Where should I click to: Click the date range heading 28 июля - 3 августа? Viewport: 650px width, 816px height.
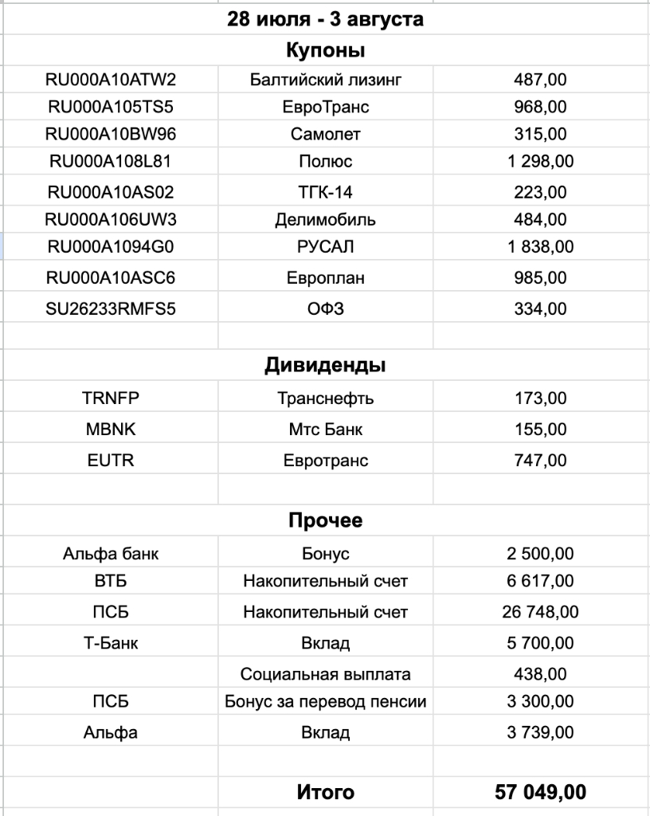(x=325, y=20)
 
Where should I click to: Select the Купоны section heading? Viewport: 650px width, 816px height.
(x=325, y=51)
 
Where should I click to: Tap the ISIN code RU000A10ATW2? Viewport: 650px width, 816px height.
(x=112, y=80)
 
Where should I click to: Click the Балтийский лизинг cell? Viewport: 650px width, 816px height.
(x=325, y=80)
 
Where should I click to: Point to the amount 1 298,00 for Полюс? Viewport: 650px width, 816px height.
(x=540, y=162)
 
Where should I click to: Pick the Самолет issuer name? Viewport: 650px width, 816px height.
(x=325, y=134)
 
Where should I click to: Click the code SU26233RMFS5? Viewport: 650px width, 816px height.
(x=112, y=308)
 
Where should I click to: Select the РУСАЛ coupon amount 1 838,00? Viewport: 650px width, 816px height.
(x=540, y=247)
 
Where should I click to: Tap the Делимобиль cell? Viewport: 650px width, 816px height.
(x=325, y=219)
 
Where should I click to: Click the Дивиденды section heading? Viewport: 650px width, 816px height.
(x=325, y=366)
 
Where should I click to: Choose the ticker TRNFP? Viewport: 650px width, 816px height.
(x=111, y=398)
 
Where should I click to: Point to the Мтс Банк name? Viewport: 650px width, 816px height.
(x=325, y=430)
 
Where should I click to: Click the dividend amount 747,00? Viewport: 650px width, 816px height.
(x=540, y=460)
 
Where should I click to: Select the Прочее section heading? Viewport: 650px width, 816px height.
(x=325, y=520)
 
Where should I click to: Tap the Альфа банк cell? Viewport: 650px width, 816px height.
(x=111, y=554)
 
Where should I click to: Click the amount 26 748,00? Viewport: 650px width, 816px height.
(x=540, y=612)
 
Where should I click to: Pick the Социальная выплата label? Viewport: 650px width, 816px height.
(x=325, y=674)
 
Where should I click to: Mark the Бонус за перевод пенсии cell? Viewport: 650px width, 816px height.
(x=325, y=702)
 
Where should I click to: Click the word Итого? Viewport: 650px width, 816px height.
(x=325, y=792)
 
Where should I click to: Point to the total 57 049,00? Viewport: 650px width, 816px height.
(x=540, y=792)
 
